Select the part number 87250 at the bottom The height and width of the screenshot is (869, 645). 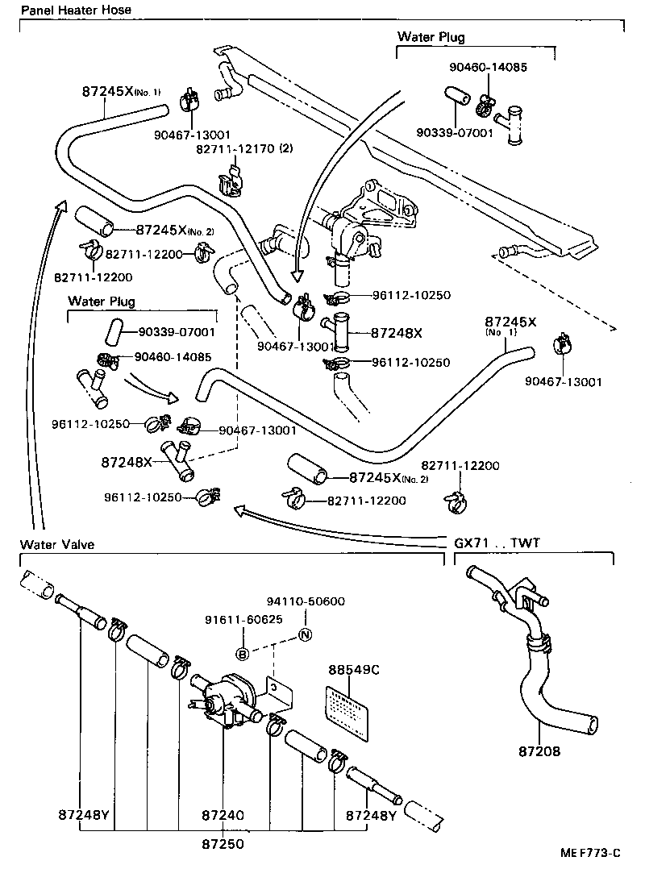click(223, 844)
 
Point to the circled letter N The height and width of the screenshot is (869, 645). click(305, 635)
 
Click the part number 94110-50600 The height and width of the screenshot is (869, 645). click(306, 601)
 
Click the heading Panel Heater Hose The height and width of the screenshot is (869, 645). click(76, 10)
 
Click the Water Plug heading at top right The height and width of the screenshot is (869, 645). click(431, 37)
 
